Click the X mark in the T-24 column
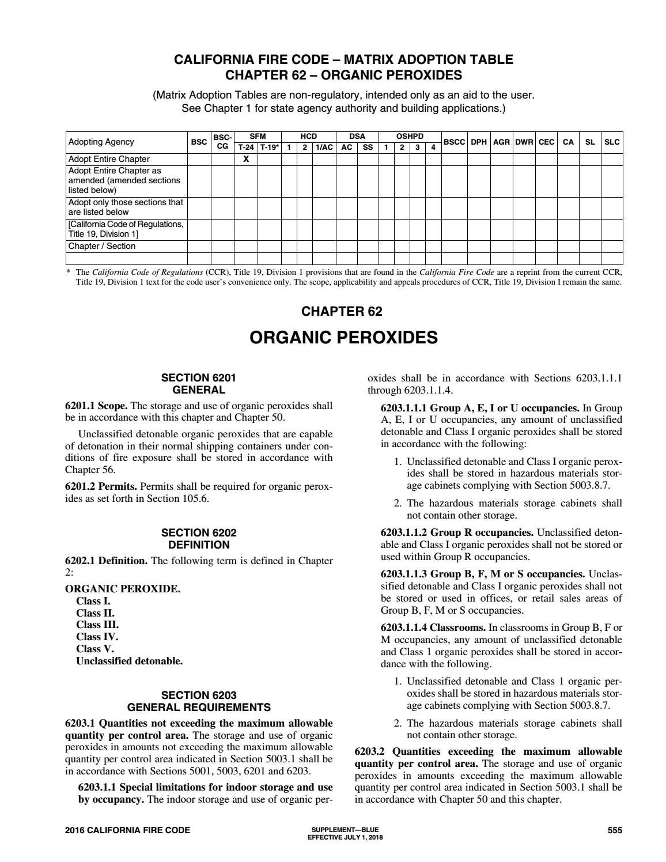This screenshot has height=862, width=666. point(245,159)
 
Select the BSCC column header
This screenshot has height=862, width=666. point(454,142)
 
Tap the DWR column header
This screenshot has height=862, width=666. point(524,142)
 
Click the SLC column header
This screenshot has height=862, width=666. point(612,142)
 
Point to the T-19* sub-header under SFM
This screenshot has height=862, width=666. point(269,147)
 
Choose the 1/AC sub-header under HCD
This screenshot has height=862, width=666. point(324,147)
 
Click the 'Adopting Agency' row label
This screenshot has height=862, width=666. point(101,142)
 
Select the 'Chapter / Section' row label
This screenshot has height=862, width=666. point(102,246)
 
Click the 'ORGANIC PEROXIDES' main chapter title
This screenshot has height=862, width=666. point(343,338)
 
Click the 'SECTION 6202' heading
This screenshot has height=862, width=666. point(199,533)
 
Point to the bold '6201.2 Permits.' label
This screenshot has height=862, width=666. point(101,486)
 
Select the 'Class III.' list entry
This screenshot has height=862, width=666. point(97,625)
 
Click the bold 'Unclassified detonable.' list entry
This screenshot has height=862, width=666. point(130,661)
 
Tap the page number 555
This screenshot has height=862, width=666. point(615,830)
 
